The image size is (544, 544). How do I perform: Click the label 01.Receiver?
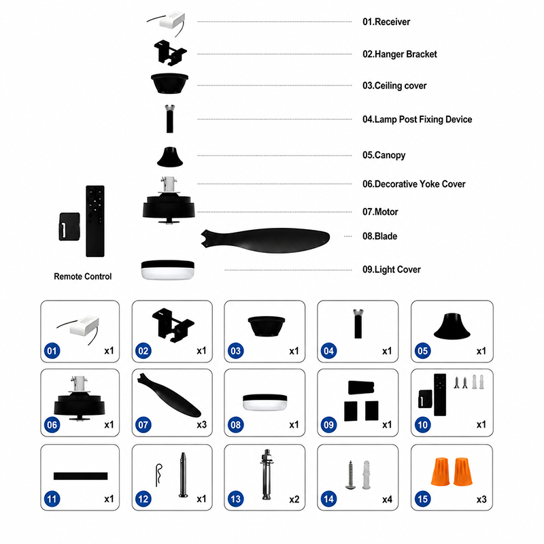click(386, 22)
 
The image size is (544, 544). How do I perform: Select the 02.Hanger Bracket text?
click(400, 54)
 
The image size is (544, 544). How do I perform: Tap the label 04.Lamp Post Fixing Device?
click(417, 120)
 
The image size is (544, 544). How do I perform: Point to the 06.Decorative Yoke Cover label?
click(414, 184)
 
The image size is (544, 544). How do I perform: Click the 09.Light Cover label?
click(392, 269)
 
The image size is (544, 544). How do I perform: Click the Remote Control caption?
click(82, 277)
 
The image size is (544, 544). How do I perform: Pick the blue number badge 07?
click(143, 424)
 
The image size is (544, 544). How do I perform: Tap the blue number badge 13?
click(235, 499)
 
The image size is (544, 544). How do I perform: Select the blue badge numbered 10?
click(422, 424)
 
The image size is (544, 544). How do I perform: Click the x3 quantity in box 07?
click(201, 424)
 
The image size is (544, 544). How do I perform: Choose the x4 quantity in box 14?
click(387, 499)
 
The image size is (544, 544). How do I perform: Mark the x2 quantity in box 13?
click(294, 499)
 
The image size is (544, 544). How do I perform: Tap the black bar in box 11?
click(80, 476)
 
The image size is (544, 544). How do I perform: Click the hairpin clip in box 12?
click(158, 475)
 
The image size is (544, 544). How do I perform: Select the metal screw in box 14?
click(350, 475)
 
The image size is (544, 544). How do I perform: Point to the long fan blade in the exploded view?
click(265, 240)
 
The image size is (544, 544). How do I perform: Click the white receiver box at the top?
click(172, 20)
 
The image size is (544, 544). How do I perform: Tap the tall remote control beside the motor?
click(95, 222)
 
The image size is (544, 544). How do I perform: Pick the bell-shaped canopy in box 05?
click(452, 326)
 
